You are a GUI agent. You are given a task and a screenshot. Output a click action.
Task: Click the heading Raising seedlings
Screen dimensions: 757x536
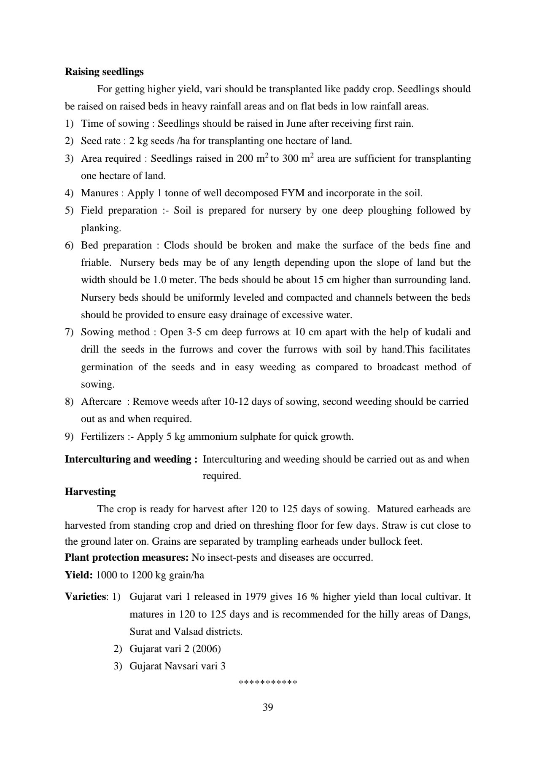coord(104,72)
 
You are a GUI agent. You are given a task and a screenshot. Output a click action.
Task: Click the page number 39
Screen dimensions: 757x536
coord(268,707)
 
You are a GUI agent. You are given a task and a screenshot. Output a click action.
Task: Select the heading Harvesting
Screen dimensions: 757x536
coord(90,492)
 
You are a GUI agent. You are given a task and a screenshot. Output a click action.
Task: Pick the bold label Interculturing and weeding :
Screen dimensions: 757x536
coord(131,459)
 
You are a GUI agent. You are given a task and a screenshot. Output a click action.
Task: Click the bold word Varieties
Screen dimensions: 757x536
coord(85,597)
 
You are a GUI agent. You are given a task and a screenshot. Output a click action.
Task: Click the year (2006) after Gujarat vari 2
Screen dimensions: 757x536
coord(207,649)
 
